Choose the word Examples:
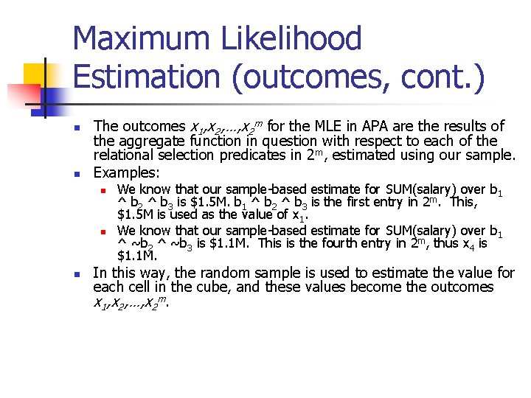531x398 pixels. (x=126, y=173)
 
